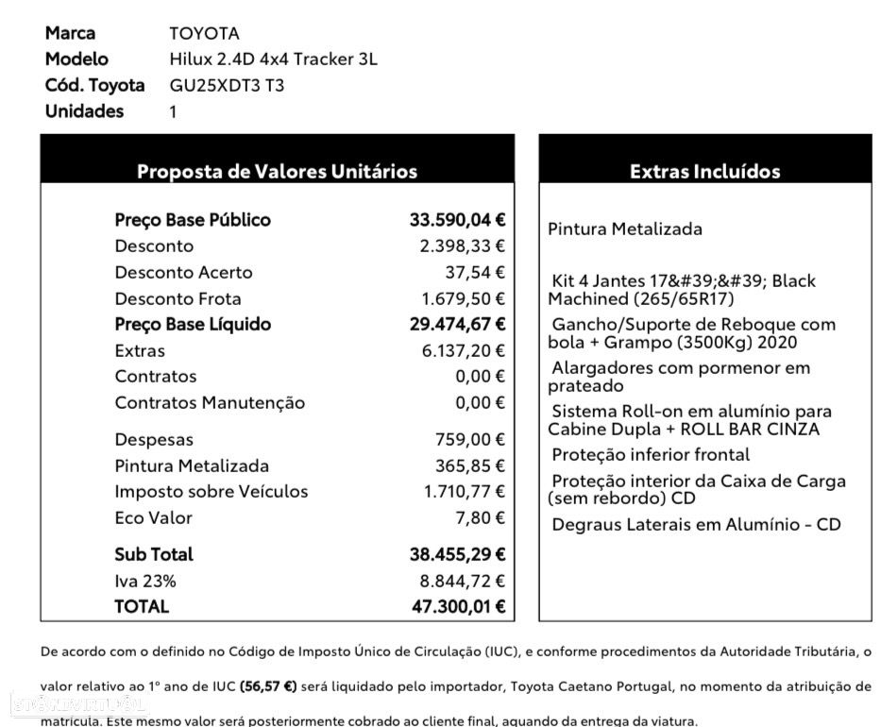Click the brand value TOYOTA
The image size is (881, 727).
(204, 34)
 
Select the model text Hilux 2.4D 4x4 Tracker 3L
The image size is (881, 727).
(273, 59)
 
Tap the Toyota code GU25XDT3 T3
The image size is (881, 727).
(226, 86)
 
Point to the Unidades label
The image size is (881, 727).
(84, 111)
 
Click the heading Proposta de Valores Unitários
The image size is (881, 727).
(277, 172)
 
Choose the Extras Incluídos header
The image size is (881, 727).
(704, 172)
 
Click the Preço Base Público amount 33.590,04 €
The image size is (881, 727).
(457, 220)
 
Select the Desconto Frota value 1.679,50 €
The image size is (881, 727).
(463, 298)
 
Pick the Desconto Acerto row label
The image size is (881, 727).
(183, 273)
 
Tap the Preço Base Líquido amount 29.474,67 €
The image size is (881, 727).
(457, 325)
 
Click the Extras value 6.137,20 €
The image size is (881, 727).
(463, 351)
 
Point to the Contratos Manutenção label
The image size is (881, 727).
(210, 403)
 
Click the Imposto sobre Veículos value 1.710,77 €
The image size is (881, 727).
(464, 492)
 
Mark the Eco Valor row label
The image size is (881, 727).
(153, 518)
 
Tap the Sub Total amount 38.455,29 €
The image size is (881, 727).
(457, 554)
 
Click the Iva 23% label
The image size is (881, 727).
(145, 581)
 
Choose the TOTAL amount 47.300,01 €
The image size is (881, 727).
(458, 607)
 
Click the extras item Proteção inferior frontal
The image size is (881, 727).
(651, 455)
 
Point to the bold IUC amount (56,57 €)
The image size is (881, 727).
(268, 686)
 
